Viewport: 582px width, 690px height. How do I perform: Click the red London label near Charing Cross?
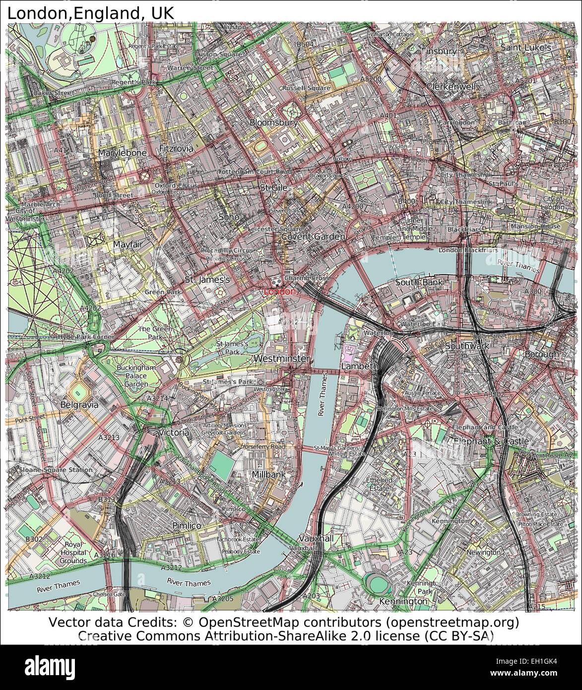(280, 292)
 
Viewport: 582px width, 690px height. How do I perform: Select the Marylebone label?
(122, 153)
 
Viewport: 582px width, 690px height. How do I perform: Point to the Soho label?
(229, 217)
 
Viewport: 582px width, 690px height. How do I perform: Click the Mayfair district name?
(128, 245)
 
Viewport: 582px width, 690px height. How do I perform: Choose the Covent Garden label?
(313, 237)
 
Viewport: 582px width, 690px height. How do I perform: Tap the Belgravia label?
(79, 405)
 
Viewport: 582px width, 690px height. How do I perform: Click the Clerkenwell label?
(451, 86)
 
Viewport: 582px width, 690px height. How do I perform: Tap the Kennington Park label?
(420, 587)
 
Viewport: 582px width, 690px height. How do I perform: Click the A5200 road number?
(371, 79)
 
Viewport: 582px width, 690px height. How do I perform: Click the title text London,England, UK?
(90, 12)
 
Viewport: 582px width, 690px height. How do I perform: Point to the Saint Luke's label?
(525, 48)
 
